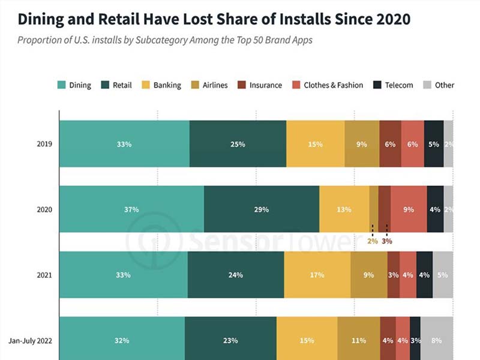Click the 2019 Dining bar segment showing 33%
tap(124, 144)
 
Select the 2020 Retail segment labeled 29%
tap(262, 209)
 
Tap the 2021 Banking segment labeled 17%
tap(317, 275)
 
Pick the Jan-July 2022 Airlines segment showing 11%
tap(359, 340)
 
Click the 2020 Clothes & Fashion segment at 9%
tap(409, 209)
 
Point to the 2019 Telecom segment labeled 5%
tap(434, 144)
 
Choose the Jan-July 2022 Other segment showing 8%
tap(436, 340)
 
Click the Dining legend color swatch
tap(61, 85)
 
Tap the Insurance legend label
tap(265, 85)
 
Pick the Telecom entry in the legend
tap(398, 85)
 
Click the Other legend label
tap(445, 85)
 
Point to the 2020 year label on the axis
tap(44, 209)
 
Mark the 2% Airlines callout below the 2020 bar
tap(373, 241)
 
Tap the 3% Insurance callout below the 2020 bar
tap(387, 241)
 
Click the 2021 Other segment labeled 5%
tap(443, 275)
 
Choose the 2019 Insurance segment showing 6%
tap(390, 144)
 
